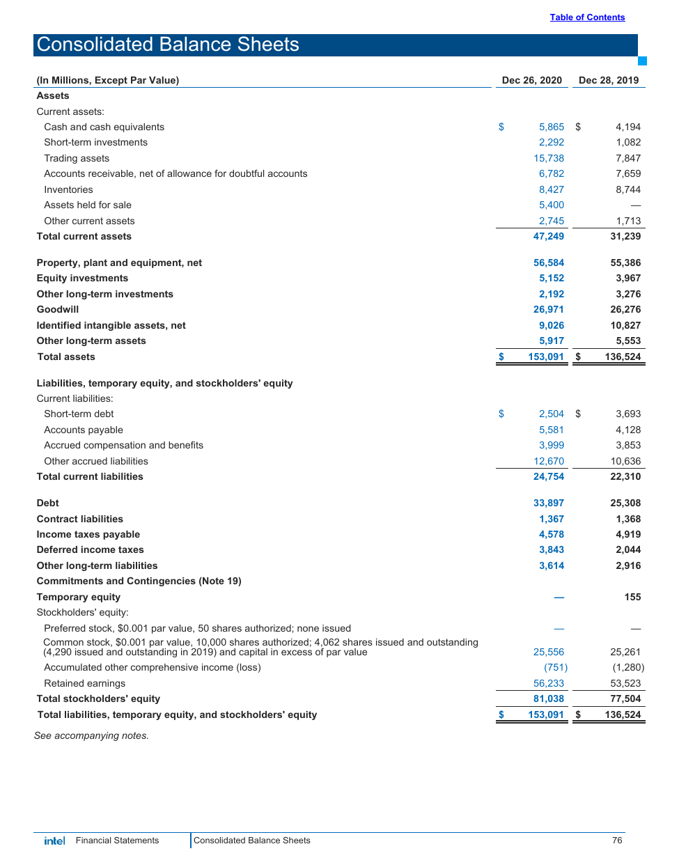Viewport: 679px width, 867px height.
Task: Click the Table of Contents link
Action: coord(587,17)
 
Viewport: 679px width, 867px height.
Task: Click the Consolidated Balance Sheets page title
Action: coord(168,45)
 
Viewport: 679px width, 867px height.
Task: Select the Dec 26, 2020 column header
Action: coord(531,80)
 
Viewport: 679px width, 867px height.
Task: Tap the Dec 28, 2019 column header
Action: coord(608,80)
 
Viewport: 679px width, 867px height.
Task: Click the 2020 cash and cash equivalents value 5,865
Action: coord(551,127)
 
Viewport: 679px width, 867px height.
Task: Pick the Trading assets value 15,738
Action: coord(549,158)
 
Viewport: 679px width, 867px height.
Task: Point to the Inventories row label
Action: coord(68,189)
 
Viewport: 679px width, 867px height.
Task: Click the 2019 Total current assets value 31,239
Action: coord(625,236)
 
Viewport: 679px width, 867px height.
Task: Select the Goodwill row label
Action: coord(58,309)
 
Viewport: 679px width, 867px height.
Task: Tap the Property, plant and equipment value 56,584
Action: coord(549,263)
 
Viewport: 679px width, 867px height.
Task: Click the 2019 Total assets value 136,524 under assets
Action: coord(623,357)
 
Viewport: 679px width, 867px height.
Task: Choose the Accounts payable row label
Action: coord(84,430)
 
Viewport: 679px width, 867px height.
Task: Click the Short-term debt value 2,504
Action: coord(551,414)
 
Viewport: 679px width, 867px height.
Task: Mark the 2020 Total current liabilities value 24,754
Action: coord(549,476)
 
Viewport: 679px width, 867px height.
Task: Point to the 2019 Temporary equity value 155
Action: coord(632,597)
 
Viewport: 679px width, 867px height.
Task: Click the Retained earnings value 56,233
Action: coord(549,683)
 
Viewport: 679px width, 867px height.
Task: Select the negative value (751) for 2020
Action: coord(556,667)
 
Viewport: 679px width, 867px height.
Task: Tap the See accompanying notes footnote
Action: coord(91,735)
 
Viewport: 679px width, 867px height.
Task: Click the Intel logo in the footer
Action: coord(54,841)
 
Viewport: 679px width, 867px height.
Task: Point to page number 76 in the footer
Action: coord(617,841)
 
